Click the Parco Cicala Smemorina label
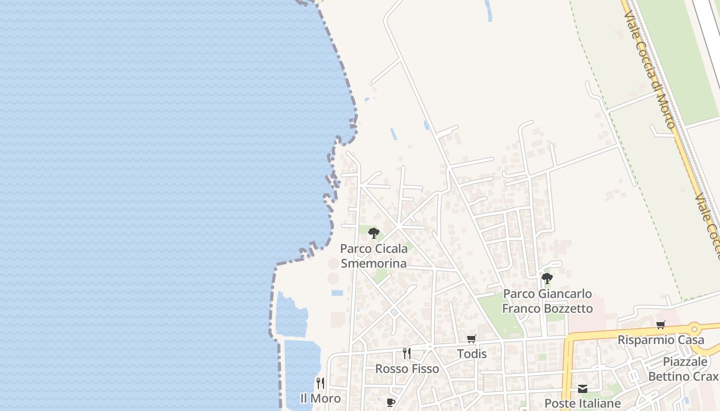click(373, 256)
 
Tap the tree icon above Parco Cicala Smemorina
click(374, 233)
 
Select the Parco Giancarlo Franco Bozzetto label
click(547, 301)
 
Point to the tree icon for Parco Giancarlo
click(547, 278)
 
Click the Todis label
click(472, 354)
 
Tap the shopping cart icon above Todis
click(471, 339)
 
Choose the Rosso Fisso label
click(407, 369)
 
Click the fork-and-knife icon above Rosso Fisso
click(407, 353)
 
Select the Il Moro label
click(320, 399)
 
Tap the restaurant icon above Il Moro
click(320, 383)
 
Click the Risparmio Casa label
click(660, 340)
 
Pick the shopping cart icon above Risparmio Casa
click(660, 325)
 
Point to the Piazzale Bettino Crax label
click(684, 369)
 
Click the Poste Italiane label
click(582, 403)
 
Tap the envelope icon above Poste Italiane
click(582, 388)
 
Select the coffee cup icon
click(391, 402)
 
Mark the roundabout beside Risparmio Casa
click(694, 327)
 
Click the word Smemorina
click(373, 264)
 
